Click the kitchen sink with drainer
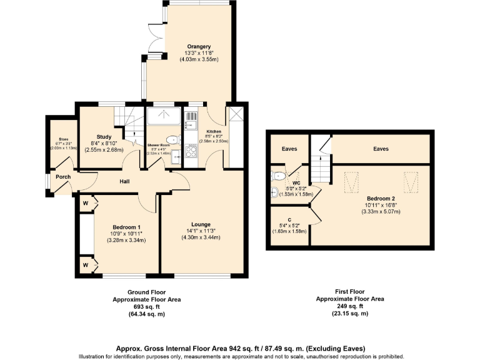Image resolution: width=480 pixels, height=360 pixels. coord(191,119)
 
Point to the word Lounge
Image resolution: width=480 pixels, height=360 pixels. coord(201,224)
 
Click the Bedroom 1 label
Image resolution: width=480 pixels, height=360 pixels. coord(126,227)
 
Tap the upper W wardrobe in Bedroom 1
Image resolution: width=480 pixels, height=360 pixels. coord(85,202)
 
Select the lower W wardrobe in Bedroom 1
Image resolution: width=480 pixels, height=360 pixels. coord(85,265)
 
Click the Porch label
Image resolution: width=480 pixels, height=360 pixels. coord(63,177)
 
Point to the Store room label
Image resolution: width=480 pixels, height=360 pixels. coord(63,139)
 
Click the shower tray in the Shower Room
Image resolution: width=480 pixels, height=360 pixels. coord(164,114)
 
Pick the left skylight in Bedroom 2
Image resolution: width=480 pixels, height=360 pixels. coord(353,182)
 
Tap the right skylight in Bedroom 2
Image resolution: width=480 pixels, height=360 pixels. coord(410,182)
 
